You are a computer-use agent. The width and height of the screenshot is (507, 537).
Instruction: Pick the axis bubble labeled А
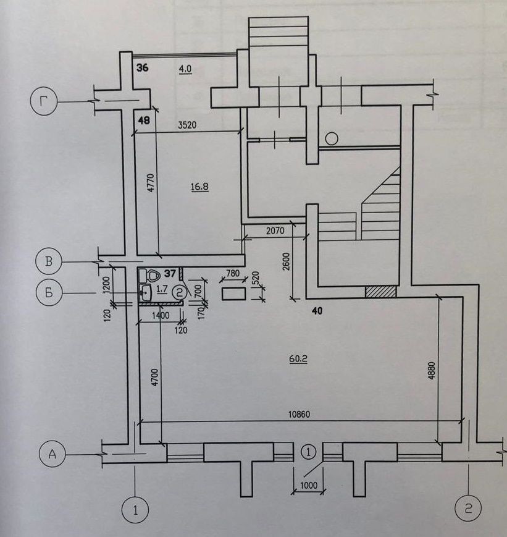click(x=52, y=455)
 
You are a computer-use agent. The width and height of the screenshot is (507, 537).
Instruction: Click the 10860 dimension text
click(x=298, y=415)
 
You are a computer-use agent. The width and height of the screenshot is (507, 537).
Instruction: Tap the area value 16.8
click(x=199, y=186)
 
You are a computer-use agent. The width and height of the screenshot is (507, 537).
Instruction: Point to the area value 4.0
click(x=185, y=69)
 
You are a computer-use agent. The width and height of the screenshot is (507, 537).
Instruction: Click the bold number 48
click(x=144, y=121)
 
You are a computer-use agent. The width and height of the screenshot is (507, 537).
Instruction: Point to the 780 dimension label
click(x=233, y=273)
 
